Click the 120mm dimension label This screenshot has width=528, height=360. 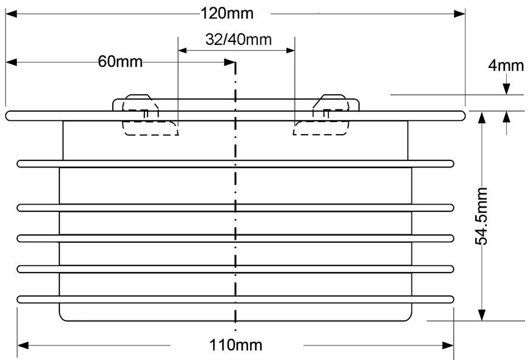(x=227, y=14)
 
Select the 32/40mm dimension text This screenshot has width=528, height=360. (x=239, y=39)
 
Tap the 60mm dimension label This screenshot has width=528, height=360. (x=120, y=62)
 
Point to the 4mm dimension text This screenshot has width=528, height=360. (x=506, y=66)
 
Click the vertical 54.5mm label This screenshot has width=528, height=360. (x=481, y=216)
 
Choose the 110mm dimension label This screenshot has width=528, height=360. (x=235, y=345)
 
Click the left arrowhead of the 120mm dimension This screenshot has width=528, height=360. (x=11, y=14)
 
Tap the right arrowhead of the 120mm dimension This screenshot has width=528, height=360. (x=459, y=14)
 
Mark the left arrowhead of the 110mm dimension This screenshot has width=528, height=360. (x=23, y=345)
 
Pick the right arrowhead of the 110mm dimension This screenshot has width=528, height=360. (x=448, y=345)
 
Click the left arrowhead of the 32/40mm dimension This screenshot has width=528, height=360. (x=183, y=50)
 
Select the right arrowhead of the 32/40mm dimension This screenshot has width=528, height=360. (x=290, y=50)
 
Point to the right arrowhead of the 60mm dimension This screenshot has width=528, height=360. (x=229, y=63)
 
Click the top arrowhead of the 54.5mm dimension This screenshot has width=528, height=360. (x=482, y=118)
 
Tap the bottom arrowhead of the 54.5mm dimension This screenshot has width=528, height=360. (x=482, y=315)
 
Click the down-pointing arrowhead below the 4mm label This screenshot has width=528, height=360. (x=506, y=89)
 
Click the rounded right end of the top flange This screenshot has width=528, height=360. (x=461, y=116)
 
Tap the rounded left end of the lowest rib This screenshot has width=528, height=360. (x=21, y=299)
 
